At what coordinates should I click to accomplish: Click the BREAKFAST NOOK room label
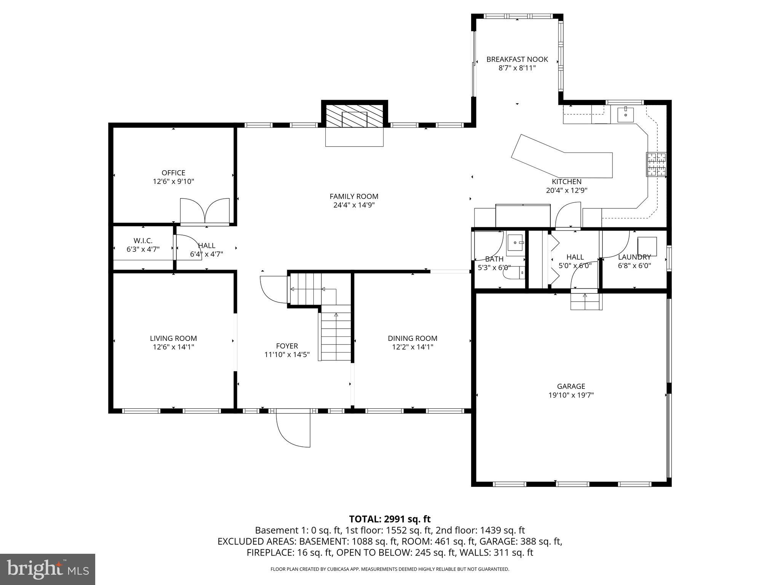pyautogui.click(x=517, y=59)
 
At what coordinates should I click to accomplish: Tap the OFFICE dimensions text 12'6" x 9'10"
pyautogui.click(x=173, y=182)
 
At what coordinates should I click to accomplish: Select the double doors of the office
pyautogui.click(x=205, y=211)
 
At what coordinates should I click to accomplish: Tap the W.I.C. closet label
pyautogui.click(x=143, y=241)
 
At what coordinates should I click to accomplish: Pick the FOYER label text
pyautogui.click(x=287, y=346)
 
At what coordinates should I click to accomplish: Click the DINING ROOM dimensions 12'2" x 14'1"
pyautogui.click(x=412, y=347)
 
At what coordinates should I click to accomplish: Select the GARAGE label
pyautogui.click(x=571, y=386)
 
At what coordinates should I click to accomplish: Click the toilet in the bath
pyautogui.click(x=514, y=273)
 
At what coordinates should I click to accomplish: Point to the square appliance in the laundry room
pyautogui.click(x=647, y=246)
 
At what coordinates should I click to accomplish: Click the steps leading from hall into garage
pyautogui.click(x=586, y=301)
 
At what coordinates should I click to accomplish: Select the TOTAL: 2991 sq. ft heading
pyautogui.click(x=390, y=519)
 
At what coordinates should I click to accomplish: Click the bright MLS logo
pyautogui.click(x=48, y=569)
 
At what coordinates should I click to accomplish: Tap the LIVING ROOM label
pyautogui.click(x=173, y=338)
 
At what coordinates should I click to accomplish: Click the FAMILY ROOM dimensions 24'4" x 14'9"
pyautogui.click(x=354, y=205)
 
